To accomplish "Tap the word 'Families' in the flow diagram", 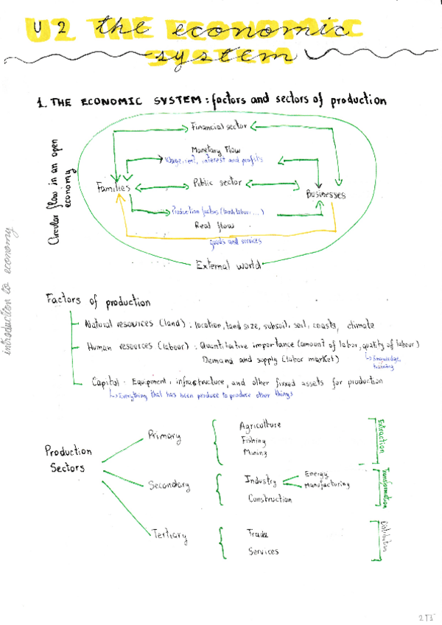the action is (x=113, y=188).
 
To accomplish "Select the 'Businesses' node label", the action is (x=325, y=195).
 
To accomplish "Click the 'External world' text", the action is (x=228, y=266).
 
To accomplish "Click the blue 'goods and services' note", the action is (x=236, y=240).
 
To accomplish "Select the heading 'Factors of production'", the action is (x=98, y=301).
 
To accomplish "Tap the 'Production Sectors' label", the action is (x=68, y=459).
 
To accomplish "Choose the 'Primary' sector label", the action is (x=164, y=436).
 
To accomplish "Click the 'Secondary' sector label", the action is (x=169, y=485).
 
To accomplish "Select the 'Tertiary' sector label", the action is (x=169, y=534).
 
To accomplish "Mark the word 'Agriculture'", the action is (x=259, y=426).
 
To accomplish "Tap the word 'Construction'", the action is (x=270, y=499).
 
